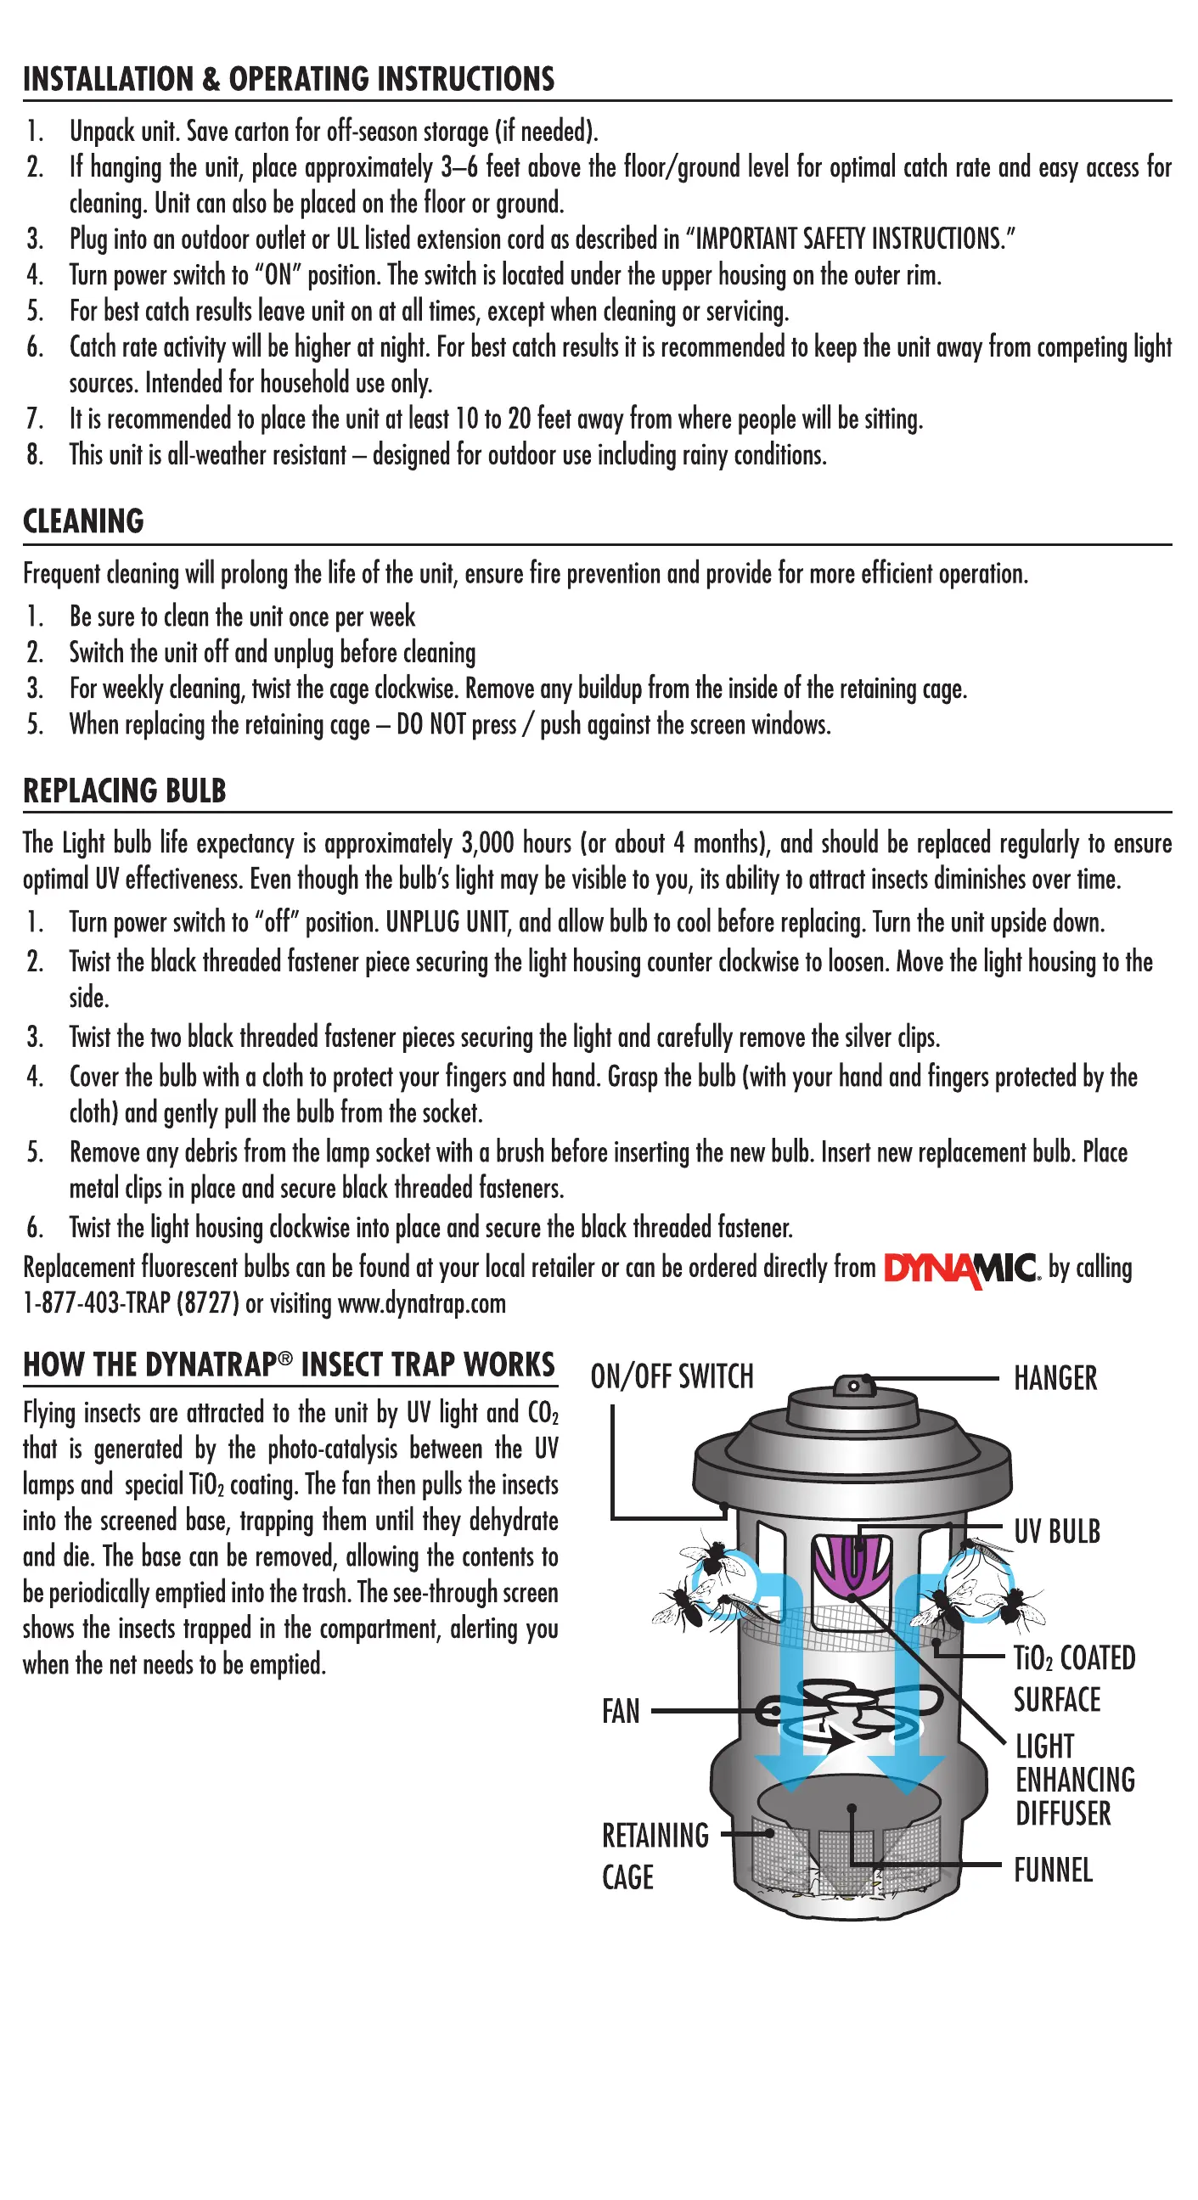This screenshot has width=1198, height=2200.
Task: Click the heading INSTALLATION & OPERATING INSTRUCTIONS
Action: tap(289, 80)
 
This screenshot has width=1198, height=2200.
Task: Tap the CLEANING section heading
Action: tap(84, 521)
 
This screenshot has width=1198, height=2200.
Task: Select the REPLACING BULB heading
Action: tap(125, 791)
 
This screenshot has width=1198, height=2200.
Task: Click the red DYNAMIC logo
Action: tap(960, 1269)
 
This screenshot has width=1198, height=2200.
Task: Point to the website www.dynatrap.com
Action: tap(422, 1304)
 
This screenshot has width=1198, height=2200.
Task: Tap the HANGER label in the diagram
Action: tap(1055, 1378)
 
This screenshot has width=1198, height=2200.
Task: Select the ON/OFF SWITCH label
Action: tap(672, 1376)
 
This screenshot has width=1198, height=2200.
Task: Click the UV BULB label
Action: tap(1057, 1532)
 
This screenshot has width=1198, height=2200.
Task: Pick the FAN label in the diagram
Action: tap(621, 1712)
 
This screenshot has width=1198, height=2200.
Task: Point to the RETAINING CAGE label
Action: tap(655, 1856)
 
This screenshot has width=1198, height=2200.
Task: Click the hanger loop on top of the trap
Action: tap(853, 1384)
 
